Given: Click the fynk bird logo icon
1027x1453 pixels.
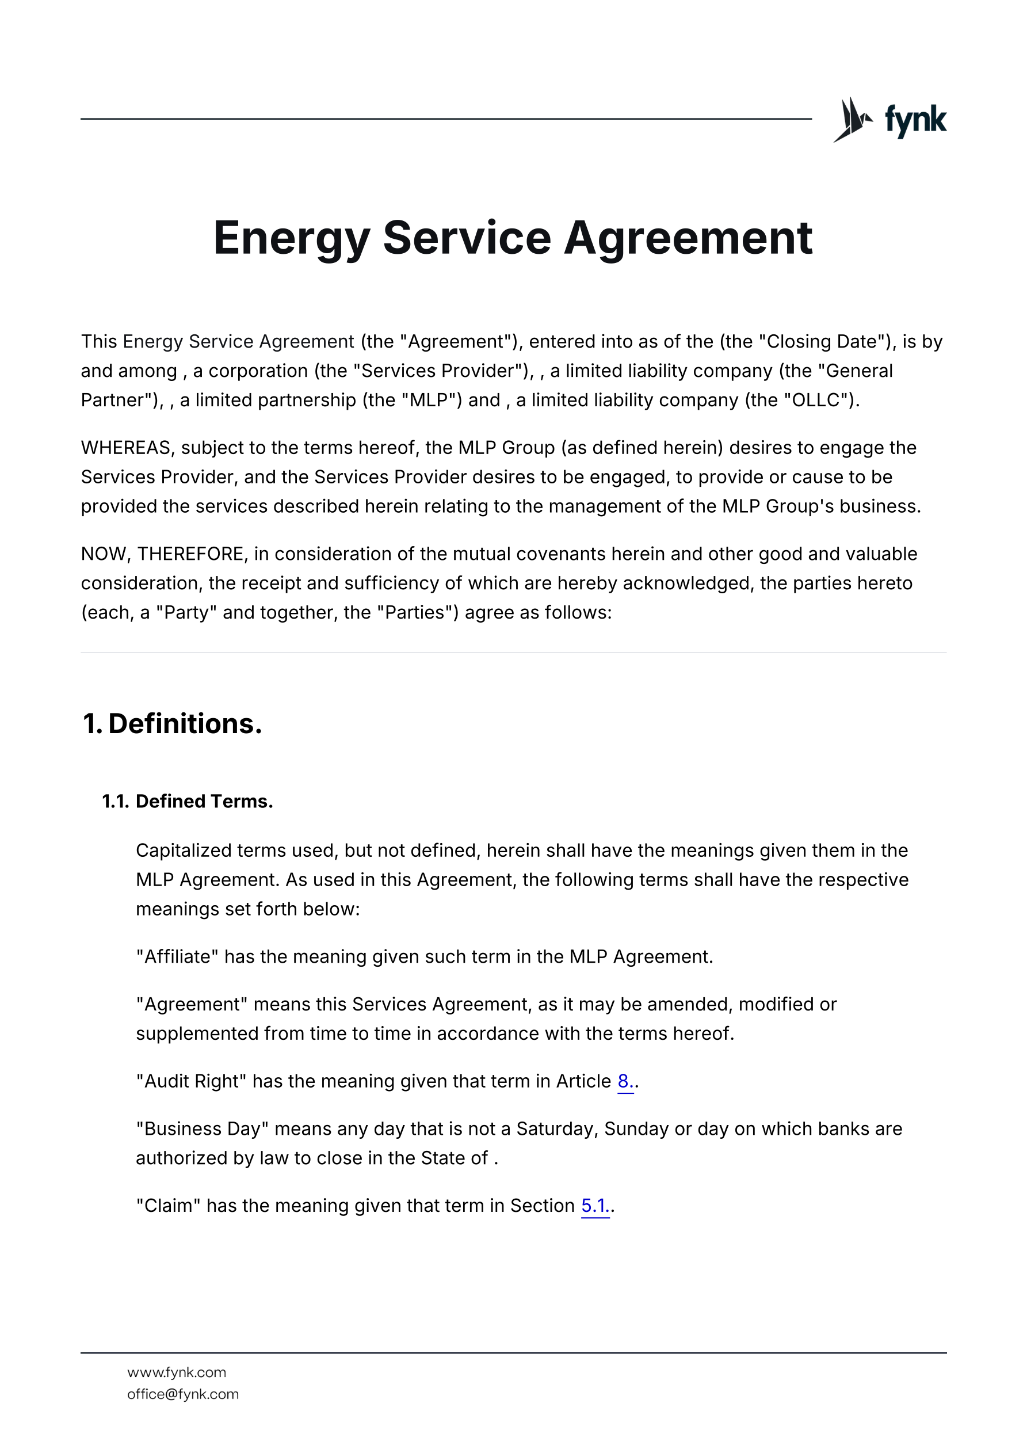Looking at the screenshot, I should click(x=852, y=119).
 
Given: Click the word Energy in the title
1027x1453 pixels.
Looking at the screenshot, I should click(x=292, y=238).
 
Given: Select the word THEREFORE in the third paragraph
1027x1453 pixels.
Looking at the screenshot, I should click(x=190, y=554).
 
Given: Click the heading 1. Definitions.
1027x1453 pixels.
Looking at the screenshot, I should click(x=172, y=723).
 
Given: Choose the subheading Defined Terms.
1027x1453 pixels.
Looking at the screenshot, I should click(x=204, y=801).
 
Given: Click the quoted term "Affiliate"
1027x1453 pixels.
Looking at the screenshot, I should click(x=177, y=956).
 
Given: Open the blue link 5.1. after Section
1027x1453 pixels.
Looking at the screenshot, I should click(x=595, y=1206).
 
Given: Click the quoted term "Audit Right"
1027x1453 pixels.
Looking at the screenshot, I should click(x=191, y=1081).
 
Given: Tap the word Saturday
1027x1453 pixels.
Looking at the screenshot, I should click(x=556, y=1128).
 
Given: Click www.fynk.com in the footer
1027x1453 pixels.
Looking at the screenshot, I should click(x=177, y=1372).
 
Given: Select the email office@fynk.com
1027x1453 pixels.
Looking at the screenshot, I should click(x=183, y=1394).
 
